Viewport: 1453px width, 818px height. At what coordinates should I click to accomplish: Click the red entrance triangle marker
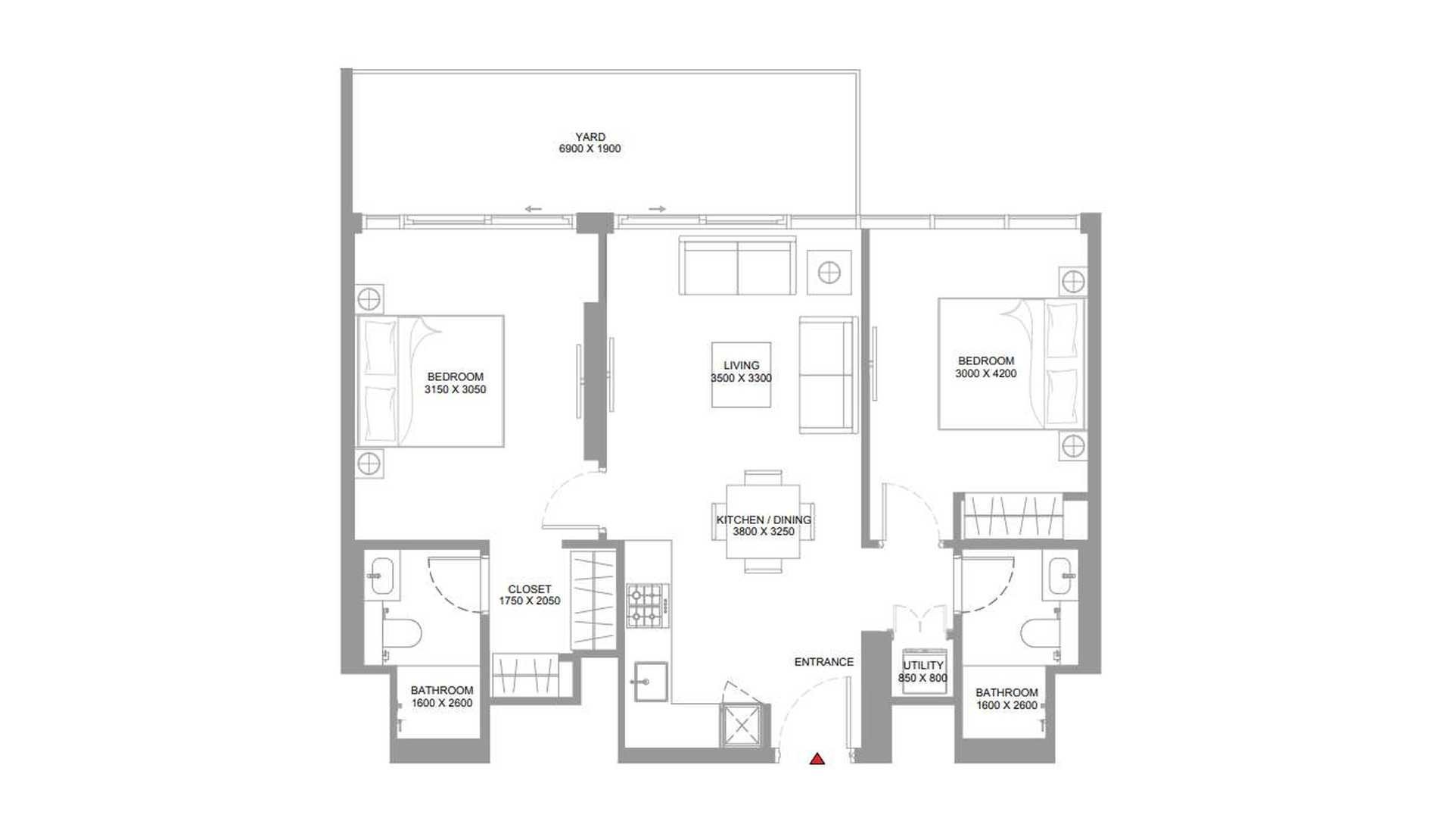[x=817, y=758]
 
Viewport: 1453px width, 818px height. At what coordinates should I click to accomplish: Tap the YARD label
[x=590, y=137]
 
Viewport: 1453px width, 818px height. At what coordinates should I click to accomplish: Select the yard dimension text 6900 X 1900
[x=590, y=149]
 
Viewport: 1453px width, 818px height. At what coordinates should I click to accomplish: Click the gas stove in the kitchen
[x=648, y=606]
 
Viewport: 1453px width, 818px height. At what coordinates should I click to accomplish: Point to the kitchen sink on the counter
[x=651, y=681]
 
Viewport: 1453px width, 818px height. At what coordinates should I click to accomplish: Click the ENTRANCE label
[x=824, y=662]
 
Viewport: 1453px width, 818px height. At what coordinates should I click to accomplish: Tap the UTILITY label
[x=923, y=666]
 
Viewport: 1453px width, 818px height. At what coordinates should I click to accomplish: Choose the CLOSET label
[x=530, y=589]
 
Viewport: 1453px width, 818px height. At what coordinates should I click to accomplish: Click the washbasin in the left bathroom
[x=382, y=576]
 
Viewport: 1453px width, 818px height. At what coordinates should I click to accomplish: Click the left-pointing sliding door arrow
[x=533, y=209]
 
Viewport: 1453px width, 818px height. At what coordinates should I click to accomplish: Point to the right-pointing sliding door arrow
[x=657, y=209]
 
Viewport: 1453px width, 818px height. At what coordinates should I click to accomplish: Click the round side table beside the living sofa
[x=829, y=273]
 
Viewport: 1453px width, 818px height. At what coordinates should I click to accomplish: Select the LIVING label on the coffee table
[x=742, y=366]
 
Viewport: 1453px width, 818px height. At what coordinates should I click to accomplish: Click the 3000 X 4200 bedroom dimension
[x=986, y=373]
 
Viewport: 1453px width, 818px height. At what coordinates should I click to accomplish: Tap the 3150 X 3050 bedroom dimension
[x=456, y=389]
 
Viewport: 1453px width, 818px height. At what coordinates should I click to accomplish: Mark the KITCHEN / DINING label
[x=764, y=520]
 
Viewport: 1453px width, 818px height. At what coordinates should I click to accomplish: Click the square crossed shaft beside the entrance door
[x=742, y=725]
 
